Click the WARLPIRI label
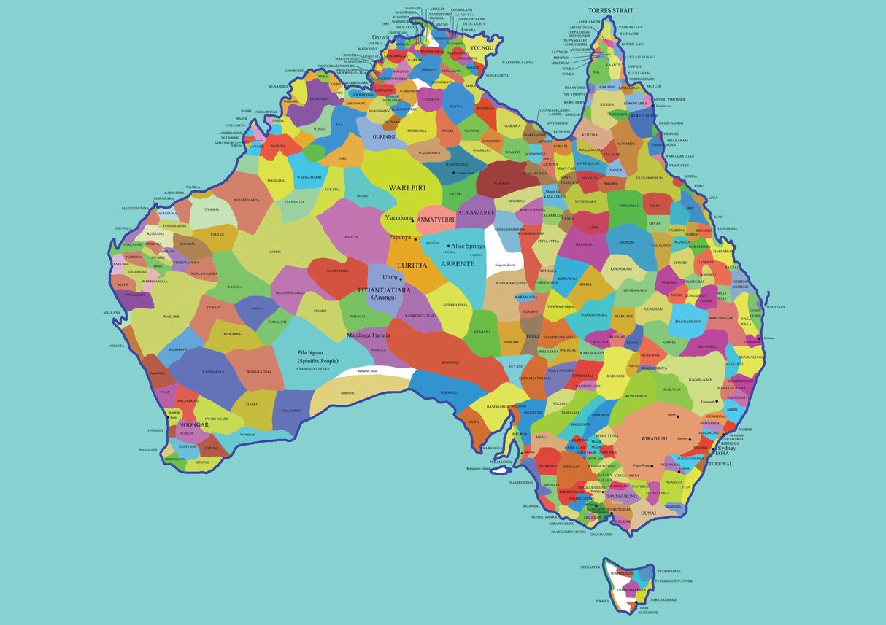pos(407,187)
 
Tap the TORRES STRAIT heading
pos(610,11)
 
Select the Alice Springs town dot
pos(448,246)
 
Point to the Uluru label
pos(390,278)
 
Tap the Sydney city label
pos(726,449)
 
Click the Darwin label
pos(381,37)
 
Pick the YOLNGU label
pos(482,48)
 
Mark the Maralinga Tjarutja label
pos(369,335)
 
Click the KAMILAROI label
pos(700,379)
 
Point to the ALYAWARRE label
pos(476,213)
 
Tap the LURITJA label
pos(412,265)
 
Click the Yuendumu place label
pos(399,217)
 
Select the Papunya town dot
pos(415,239)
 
